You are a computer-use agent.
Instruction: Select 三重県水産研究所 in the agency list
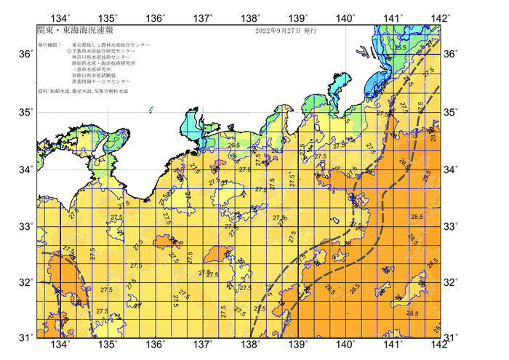(x=95, y=71)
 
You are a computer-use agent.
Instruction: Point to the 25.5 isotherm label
(x=399, y=47)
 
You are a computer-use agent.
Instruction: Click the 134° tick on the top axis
(x=60, y=17)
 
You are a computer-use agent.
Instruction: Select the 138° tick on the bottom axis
(x=251, y=344)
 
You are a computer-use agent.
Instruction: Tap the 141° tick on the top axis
(x=393, y=17)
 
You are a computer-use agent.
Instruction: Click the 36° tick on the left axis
(x=25, y=55)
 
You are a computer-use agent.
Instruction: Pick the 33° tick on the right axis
(x=451, y=226)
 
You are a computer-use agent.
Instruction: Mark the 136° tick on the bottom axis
(x=156, y=344)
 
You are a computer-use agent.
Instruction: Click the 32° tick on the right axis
(x=451, y=282)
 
